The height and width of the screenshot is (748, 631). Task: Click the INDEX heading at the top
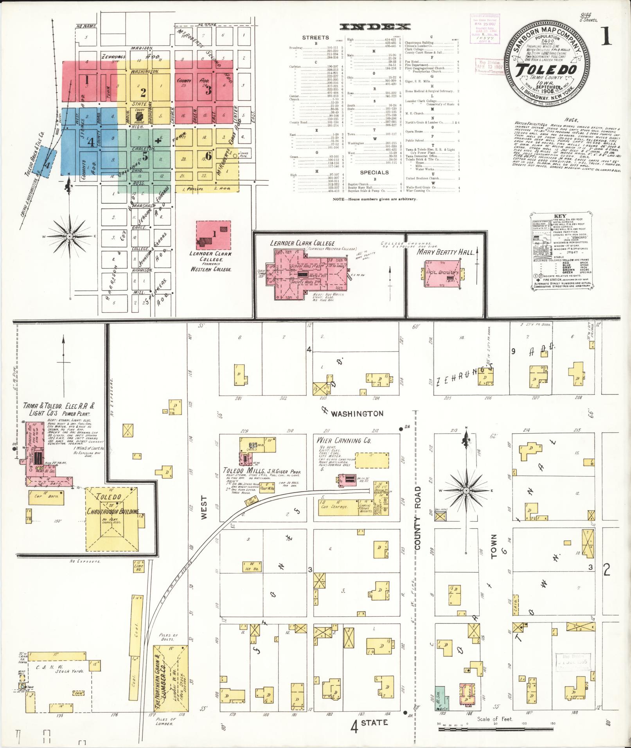point(375,27)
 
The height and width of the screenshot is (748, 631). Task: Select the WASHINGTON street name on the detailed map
point(357,414)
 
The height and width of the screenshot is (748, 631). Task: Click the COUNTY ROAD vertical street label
point(418,518)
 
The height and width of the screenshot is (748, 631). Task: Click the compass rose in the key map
point(69,236)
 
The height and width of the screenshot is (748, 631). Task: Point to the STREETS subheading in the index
point(315,38)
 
